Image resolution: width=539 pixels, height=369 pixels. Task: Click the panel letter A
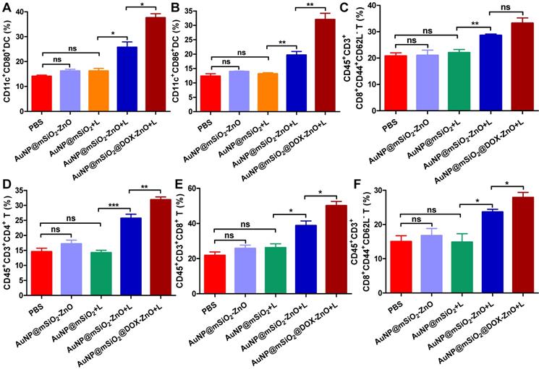(8, 9)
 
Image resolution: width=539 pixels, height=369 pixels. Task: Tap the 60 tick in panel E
(205, 188)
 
